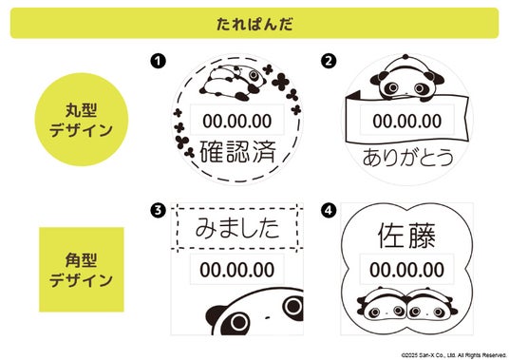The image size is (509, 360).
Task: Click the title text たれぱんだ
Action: point(254,24)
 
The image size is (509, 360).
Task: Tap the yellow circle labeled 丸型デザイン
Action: point(82,120)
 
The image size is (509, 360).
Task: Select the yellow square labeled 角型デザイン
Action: point(82,270)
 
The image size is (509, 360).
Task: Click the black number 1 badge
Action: point(158,61)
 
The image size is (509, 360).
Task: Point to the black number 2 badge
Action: point(329,61)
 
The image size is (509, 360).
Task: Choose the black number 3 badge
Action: point(158,210)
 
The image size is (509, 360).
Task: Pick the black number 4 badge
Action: point(329,210)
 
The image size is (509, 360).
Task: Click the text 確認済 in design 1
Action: point(237,152)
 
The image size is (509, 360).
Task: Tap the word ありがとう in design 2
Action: point(407,158)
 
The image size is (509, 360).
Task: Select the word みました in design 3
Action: point(237,228)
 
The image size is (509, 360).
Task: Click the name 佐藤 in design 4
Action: point(406,236)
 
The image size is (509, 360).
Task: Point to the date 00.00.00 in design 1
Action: point(237,121)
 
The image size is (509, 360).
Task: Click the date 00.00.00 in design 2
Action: point(407,121)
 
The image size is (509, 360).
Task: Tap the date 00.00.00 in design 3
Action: point(237,270)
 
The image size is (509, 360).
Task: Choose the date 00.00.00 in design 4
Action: point(407,270)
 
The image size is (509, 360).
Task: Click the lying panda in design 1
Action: point(233,82)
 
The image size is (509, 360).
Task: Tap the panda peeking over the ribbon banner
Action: point(407,78)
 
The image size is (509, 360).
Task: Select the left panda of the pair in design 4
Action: point(382,304)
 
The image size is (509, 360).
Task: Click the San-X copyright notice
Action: point(454,355)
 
